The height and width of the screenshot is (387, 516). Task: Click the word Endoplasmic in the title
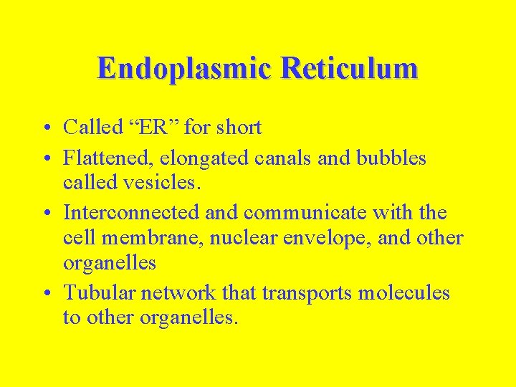[x=185, y=69]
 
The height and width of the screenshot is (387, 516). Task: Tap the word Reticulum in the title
[x=350, y=69]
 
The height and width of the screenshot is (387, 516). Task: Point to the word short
[x=239, y=128]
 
